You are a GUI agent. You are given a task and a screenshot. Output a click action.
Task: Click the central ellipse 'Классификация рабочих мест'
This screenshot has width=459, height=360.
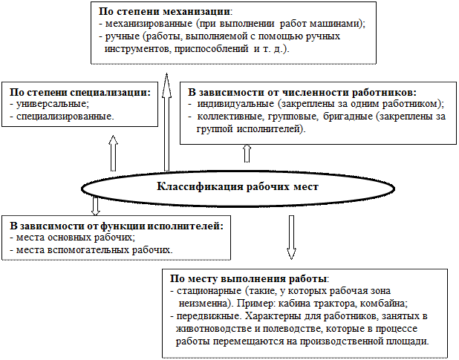(238, 186)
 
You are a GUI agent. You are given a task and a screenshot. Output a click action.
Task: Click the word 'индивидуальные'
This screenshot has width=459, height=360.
(234, 104)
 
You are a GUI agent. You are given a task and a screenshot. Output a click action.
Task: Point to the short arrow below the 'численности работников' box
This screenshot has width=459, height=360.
(247, 152)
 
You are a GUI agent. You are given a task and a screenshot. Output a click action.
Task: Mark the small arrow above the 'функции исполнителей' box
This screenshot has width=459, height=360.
(96, 206)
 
